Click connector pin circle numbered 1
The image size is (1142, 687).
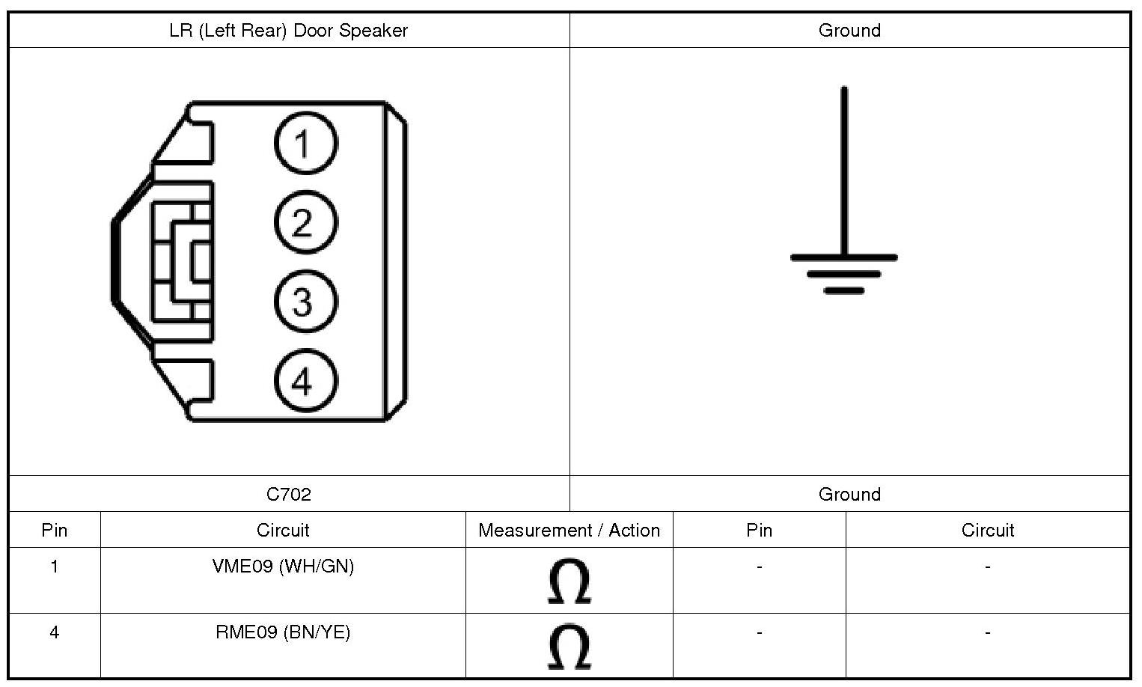coord(305,143)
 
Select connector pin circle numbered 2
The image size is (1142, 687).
coord(305,222)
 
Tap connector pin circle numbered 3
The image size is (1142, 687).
coord(305,302)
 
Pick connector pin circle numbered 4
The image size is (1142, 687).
coord(305,381)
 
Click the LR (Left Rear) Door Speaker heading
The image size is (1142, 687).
coord(288,31)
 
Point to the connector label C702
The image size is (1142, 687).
coord(288,494)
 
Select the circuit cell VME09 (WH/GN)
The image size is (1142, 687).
coord(283,567)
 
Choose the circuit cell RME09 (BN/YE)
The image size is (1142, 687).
coord(283,632)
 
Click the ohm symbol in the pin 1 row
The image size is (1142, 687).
coord(569,581)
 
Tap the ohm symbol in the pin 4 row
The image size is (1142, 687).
coord(569,647)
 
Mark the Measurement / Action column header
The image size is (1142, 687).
coord(569,531)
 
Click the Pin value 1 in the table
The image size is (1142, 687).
coord(54,567)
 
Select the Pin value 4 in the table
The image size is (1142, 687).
coord(54,632)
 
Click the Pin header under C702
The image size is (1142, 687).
coord(54,531)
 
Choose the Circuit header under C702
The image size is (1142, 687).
coord(283,531)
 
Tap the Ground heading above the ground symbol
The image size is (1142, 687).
coord(849,31)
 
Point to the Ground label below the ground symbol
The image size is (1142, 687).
coord(849,494)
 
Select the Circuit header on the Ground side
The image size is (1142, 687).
coord(987,531)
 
